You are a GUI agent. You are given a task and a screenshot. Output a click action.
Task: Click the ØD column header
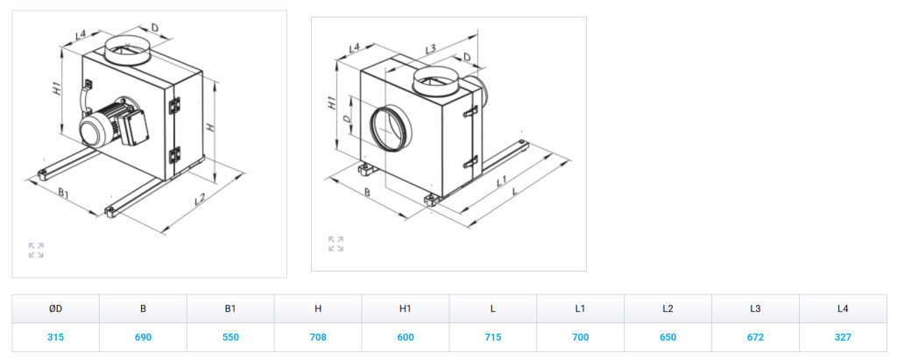click(x=55, y=309)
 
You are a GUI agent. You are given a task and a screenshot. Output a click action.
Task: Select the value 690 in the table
click(x=143, y=338)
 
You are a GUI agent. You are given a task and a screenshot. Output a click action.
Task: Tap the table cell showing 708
click(x=318, y=338)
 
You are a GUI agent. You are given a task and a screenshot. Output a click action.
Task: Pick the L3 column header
click(x=755, y=309)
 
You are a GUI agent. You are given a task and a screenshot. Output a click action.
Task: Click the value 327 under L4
click(x=843, y=338)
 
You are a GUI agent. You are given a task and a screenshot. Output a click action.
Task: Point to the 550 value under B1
click(x=230, y=338)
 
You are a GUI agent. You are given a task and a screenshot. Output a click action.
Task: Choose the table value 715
click(x=493, y=338)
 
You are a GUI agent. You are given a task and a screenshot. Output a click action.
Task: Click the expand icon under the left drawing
click(x=36, y=251)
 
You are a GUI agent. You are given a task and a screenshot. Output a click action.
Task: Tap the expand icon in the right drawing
click(x=335, y=244)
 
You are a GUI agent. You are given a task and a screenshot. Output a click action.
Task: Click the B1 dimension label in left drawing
click(x=64, y=193)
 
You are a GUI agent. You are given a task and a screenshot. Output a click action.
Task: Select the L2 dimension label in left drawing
click(x=200, y=199)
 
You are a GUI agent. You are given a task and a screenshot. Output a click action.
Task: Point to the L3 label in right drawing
click(x=430, y=49)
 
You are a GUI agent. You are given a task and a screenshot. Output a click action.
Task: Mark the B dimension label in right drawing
click(x=366, y=192)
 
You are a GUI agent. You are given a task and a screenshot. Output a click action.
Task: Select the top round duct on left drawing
click(x=128, y=50)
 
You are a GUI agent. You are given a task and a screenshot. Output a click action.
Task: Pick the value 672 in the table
click(x=755, y=338)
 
